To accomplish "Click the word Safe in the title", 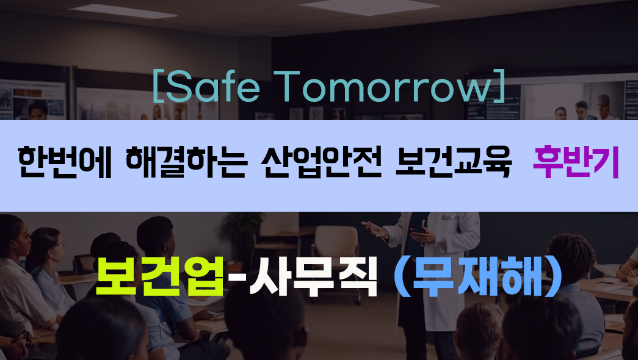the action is (212, 87).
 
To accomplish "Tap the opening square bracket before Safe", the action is (158, 86).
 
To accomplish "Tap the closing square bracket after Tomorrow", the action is (499, 86).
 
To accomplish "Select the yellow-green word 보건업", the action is (159, 276).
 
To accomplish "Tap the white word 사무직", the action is (313, 276).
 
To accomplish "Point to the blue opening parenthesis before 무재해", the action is (401, 276).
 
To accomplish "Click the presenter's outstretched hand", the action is (375, 229).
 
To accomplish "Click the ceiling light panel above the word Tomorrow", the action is (369, 7).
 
